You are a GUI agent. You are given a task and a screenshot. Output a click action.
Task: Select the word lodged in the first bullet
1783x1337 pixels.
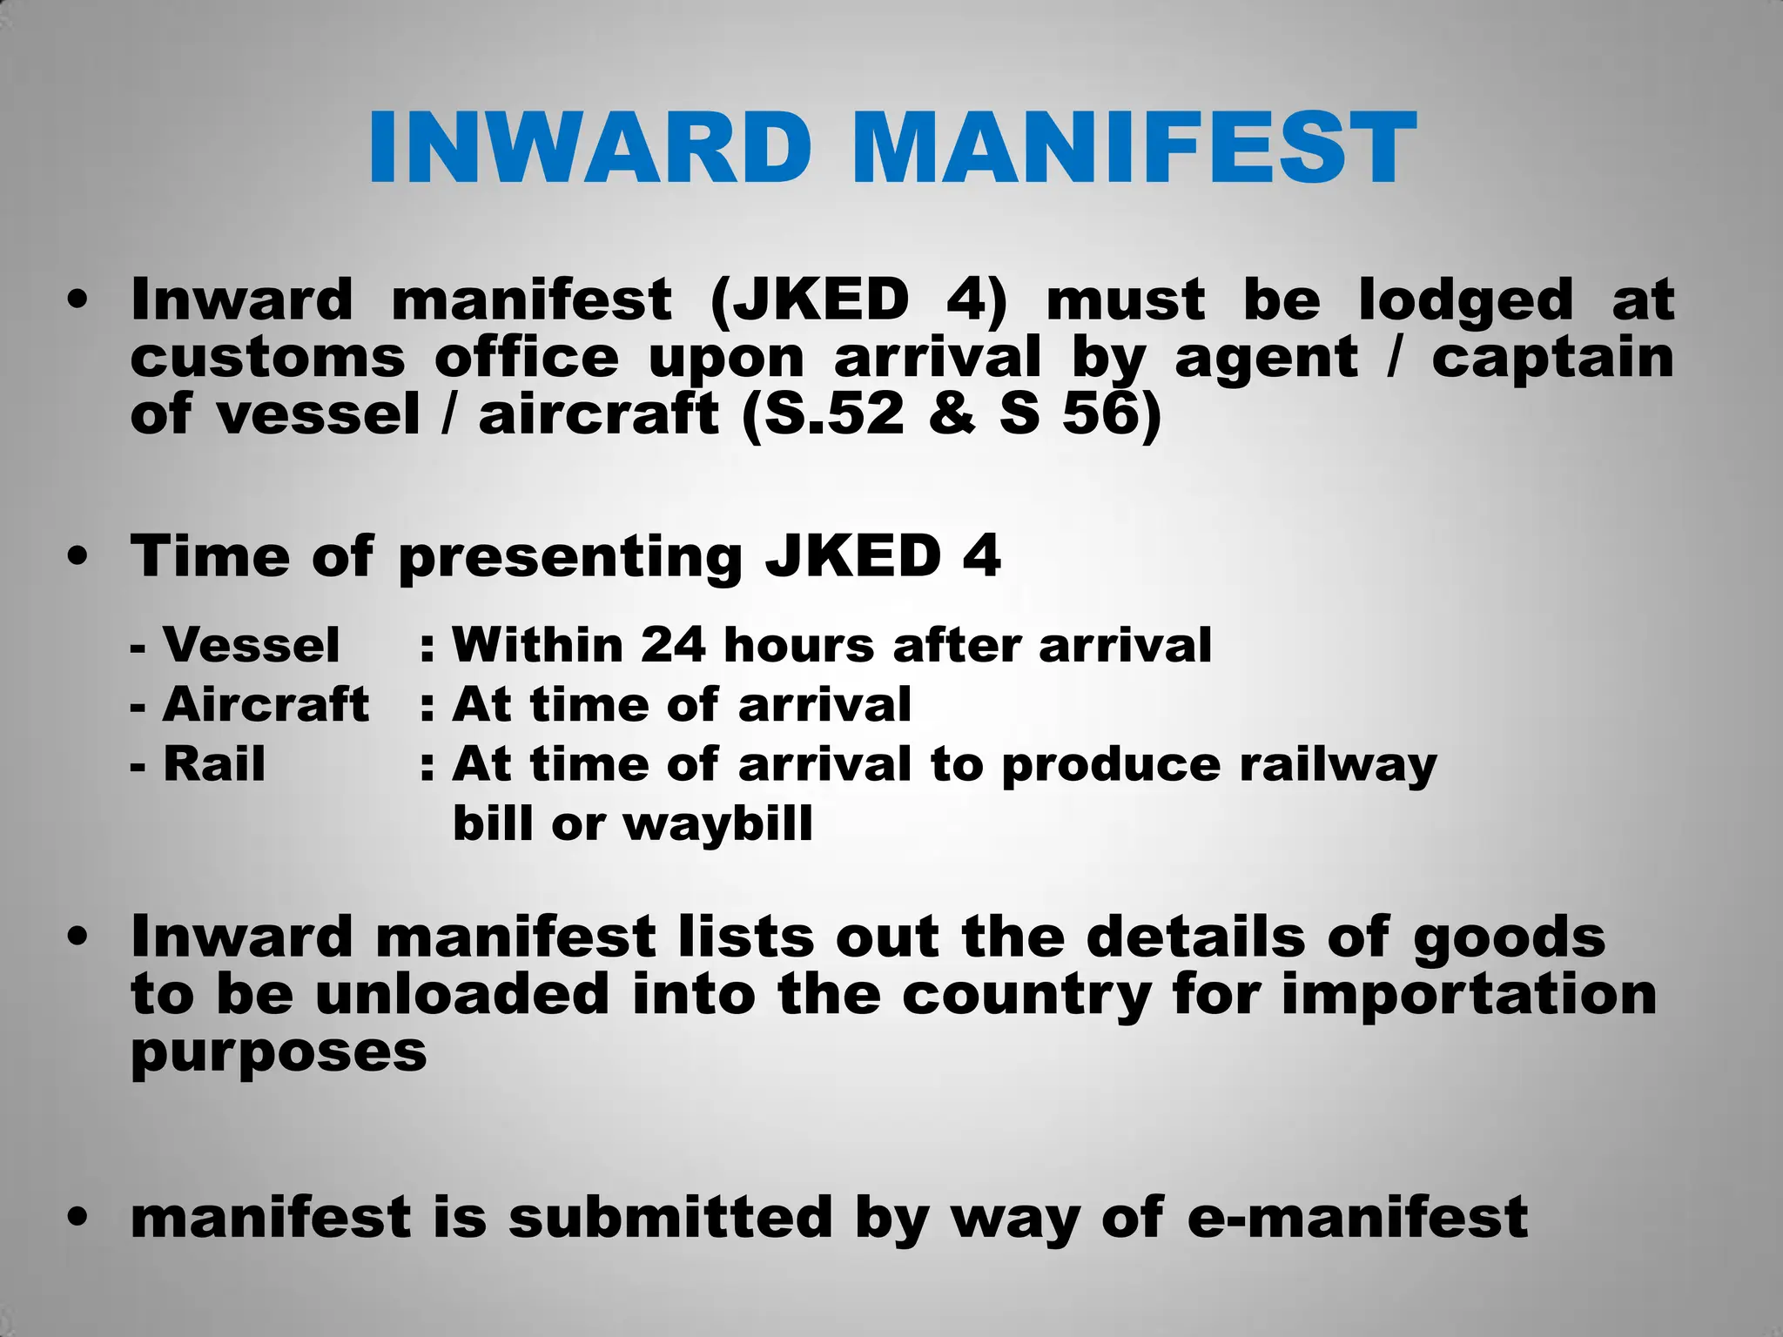click(x=1465, y=300)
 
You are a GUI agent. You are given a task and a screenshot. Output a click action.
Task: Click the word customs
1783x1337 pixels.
click(x=268, y=358)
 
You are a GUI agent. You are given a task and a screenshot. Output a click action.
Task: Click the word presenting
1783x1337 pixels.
click(x=570, y=558)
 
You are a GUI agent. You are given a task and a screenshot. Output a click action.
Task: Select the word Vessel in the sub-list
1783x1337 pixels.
click(x=251, y=645)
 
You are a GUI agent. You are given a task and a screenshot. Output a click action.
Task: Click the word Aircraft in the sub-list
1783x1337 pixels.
click(x=266, y=704)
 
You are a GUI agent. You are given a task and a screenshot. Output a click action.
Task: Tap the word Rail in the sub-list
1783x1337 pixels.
click(x=214, y=764)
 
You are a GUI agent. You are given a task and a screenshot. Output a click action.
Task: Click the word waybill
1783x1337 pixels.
click(x=718, y=823)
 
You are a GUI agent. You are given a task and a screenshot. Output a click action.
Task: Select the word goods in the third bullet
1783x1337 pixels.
click(x=1509, y=938)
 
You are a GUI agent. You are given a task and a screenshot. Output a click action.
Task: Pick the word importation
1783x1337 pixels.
click(x=1469, y=994)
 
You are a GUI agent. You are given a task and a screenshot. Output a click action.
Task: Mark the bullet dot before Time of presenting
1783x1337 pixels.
click(x=77, y=556)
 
